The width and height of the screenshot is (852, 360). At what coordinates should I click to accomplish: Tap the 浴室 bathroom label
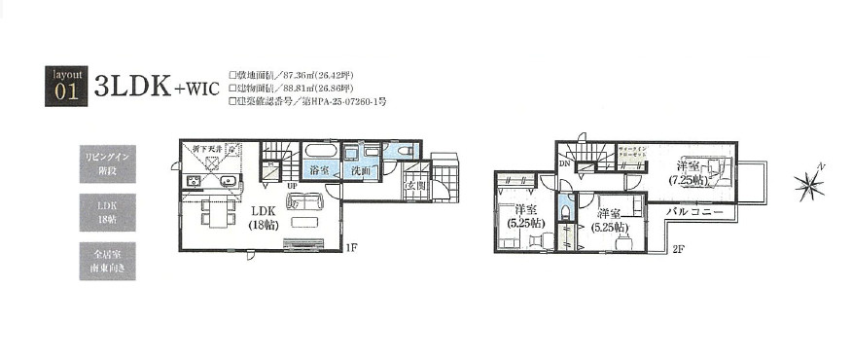(x=317, y=170)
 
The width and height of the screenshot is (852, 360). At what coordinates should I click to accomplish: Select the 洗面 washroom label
(x=362, y=170)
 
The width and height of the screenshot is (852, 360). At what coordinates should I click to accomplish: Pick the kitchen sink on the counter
(x=229, y=181)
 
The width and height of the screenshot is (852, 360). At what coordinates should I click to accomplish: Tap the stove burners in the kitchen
(x=191, y=181)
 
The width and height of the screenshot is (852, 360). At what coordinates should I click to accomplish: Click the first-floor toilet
(x=405, y=151)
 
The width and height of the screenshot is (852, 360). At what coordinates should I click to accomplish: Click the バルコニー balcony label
(x=693, y=209)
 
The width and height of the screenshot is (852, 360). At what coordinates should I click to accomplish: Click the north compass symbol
(x=808, y=184)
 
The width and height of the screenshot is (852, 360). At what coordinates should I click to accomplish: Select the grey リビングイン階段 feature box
(x=107, y=163)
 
